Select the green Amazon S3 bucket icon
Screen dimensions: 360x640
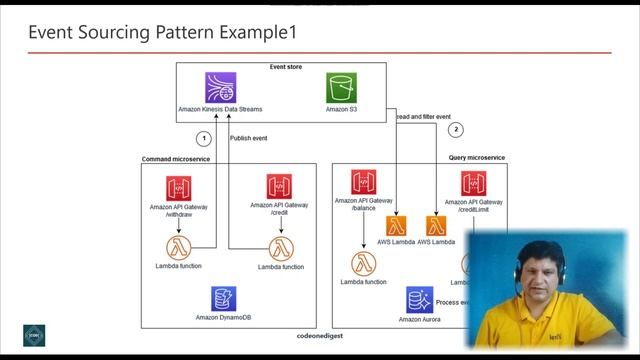341,87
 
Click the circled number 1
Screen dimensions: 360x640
204,138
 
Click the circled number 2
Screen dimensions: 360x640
457,130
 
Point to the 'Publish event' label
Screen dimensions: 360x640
249,138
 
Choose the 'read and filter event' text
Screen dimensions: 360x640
423,117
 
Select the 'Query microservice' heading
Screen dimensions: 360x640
477,158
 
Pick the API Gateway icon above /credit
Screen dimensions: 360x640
280,187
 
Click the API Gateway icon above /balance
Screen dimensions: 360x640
363,183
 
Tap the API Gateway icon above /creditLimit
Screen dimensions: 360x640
473,184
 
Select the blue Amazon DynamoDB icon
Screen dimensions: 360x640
224,298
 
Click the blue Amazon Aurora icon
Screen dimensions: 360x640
419,299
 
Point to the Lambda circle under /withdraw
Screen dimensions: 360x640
180,246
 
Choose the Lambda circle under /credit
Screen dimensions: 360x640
280,247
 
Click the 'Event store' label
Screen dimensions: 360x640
286,67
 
